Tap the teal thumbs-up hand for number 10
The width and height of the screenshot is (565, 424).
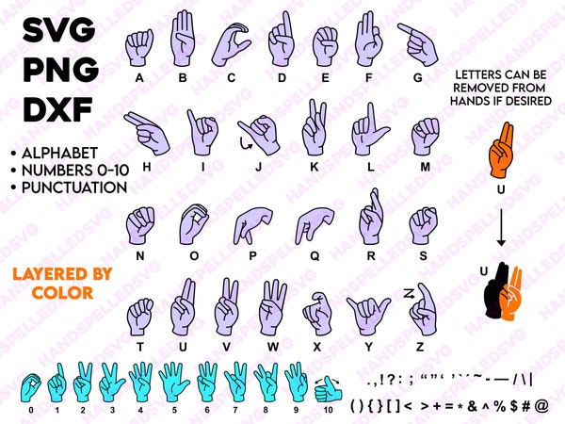tap(328, 386)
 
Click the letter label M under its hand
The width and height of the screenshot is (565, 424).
tap(426, 167)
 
